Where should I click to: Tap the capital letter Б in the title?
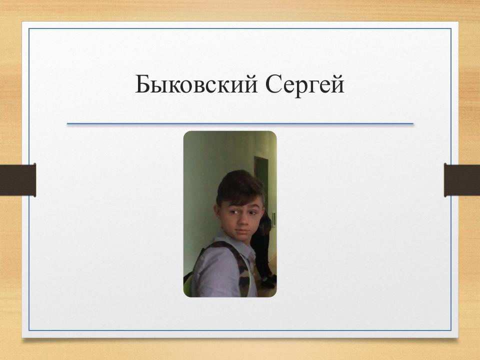(142, 84)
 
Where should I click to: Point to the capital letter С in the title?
(273, 84)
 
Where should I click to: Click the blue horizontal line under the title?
(240, 123)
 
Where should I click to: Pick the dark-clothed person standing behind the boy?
(262, 245)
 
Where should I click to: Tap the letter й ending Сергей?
(339, 84)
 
